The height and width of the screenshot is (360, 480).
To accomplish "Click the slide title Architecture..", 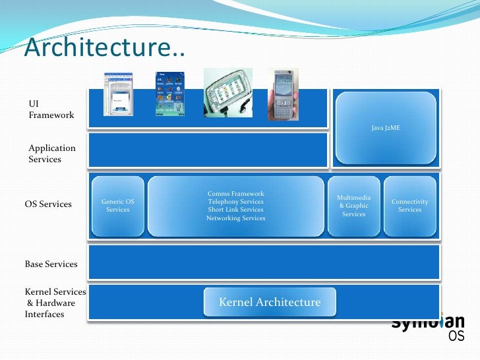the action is coord(105,48).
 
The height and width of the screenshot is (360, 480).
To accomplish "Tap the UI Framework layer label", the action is coord(51,109).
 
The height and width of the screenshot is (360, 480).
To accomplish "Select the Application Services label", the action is coord(52,154).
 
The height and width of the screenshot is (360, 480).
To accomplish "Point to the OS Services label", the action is coord(48,204).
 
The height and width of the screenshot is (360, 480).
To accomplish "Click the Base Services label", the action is coord(51,264).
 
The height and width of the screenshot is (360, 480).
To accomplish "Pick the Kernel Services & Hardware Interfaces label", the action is coord(55,303).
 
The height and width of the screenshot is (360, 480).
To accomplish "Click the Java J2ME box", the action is coord(386,128).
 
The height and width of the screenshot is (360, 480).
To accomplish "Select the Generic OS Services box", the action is coord(117,206).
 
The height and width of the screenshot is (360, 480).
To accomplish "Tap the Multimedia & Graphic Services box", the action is coord(353,206).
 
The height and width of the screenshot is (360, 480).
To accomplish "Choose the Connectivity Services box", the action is coord(409,206).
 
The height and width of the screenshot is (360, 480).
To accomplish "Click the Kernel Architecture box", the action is coord(270,303).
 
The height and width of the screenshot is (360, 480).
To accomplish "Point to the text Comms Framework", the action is coord(235,194).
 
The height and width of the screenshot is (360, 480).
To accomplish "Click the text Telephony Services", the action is coord(235,202).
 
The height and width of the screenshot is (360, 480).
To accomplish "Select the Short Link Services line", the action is coord(235,210).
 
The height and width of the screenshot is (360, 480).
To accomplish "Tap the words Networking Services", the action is coord(235,218).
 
